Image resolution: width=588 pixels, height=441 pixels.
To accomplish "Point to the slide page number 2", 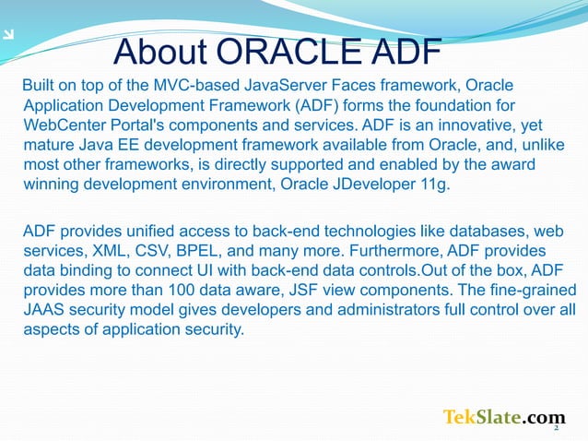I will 557,428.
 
